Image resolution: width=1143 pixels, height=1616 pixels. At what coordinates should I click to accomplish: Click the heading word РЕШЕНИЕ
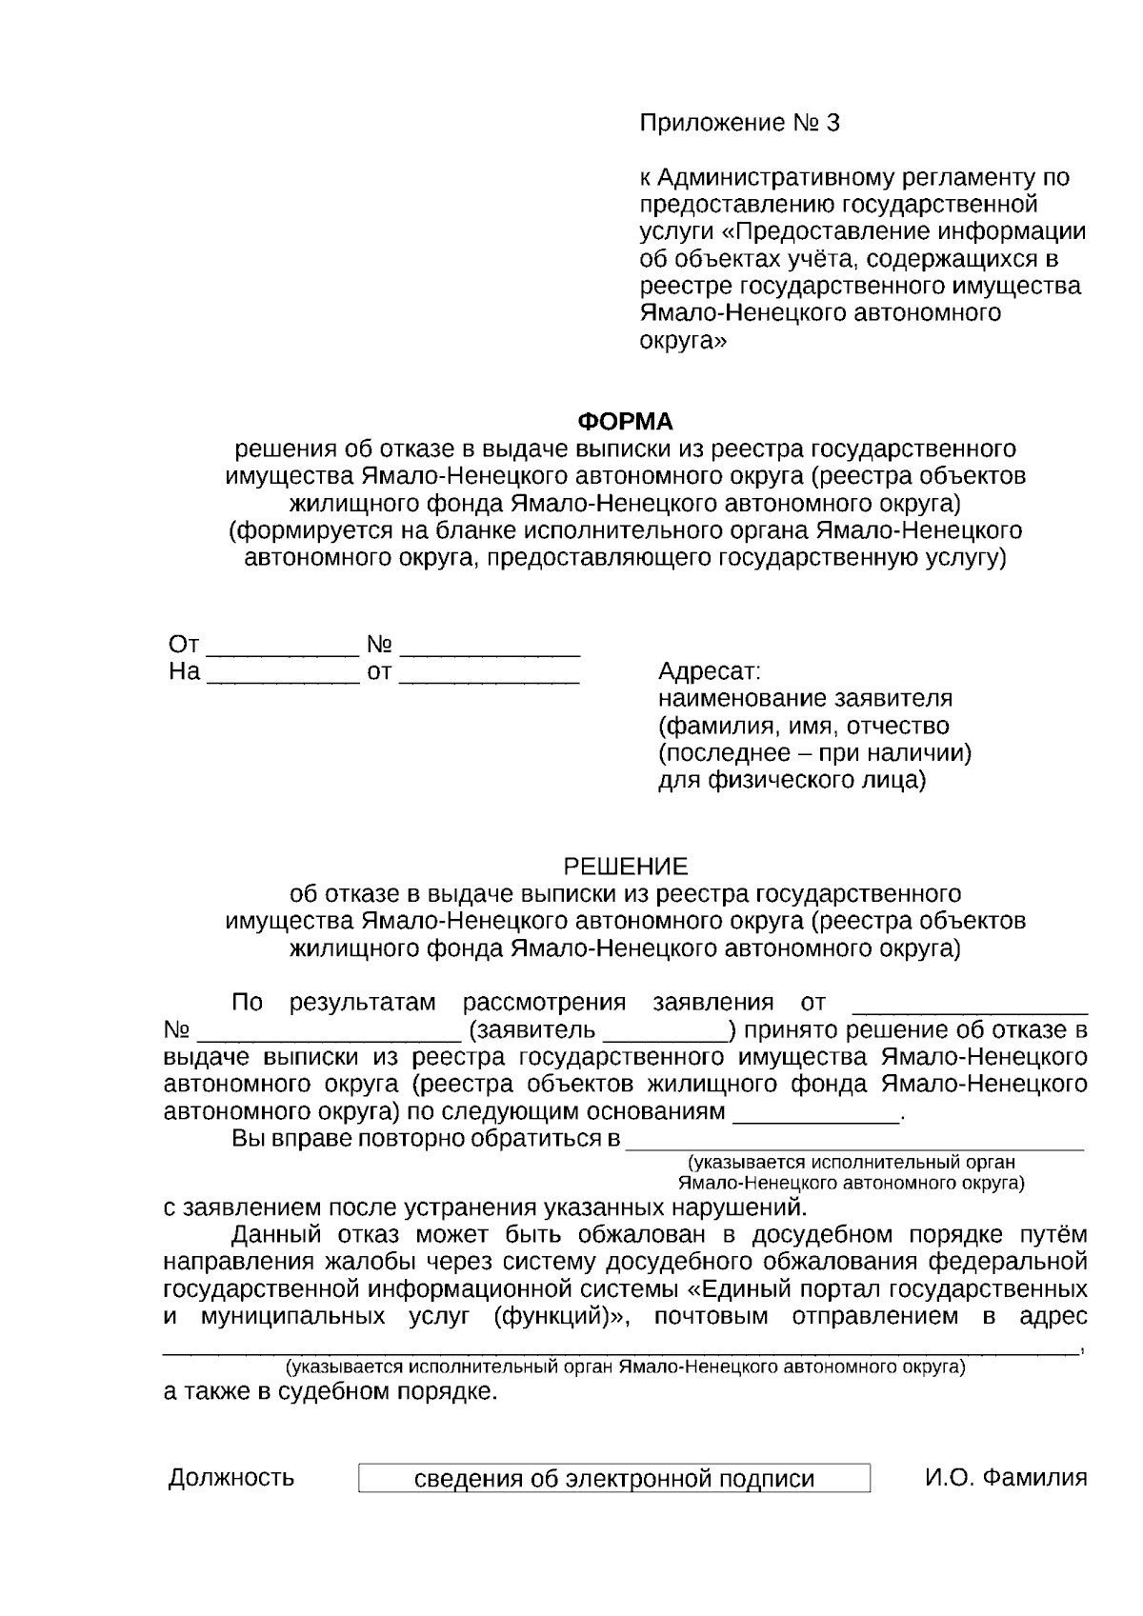[x=626, y=867]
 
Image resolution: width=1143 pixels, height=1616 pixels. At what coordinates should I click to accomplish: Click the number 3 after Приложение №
[x=833, y=123]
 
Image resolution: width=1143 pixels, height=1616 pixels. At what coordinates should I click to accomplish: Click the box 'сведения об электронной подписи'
[x=614, y=1478]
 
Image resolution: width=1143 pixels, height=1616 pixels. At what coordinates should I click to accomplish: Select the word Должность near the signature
[x=231, y=1478]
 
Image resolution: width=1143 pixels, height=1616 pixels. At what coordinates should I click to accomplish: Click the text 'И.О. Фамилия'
[x=1006, y=1478]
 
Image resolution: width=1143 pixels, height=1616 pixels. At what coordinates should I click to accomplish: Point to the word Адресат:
[x=710, y=671]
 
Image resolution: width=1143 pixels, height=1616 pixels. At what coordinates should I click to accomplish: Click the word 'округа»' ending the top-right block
[x=682, y=340]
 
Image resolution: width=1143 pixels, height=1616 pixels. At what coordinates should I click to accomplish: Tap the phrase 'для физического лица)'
[x=792, y=781]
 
